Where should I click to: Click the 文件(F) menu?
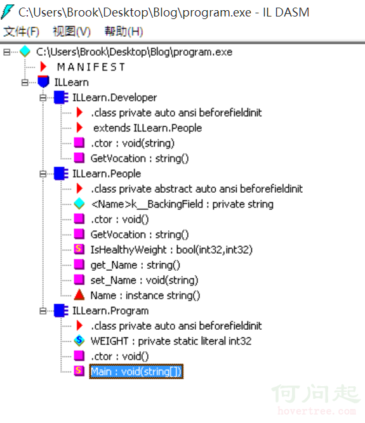(x=21, y=32)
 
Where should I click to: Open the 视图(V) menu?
(x=72, y=32)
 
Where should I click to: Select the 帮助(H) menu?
(x=124, y=32)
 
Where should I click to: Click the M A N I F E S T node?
(x=91, y=67)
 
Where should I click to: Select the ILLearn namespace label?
(x=71, y=82)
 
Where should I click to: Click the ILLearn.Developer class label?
(x=114, y=98)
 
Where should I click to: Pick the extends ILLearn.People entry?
(x=147, y=128)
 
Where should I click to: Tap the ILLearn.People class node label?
(x=107, y=174)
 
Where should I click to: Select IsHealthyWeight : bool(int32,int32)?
(x=171, y=250)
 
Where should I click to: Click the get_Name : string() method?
(x=135, y=265)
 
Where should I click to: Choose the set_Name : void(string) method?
(x=145, y=280)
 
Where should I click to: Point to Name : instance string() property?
(x=145, y=296)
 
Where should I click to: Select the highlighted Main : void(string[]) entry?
(x=136, y=372)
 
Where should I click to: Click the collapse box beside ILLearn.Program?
(x=43, y=311)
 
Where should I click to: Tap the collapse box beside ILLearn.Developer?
(x=43, y=98)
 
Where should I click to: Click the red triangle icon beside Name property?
(x=79, y=295)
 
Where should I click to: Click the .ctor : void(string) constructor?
(x=133, y=143)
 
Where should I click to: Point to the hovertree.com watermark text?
(x=317, y=411)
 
